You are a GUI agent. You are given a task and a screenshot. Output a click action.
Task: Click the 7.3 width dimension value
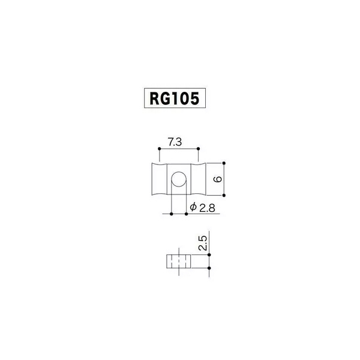point(175,142)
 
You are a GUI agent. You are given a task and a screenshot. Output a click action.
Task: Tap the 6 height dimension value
point(218,179)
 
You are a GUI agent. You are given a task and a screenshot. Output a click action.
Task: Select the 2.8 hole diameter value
point(207,208)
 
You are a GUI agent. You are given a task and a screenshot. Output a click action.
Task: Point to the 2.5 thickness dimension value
point(203,243)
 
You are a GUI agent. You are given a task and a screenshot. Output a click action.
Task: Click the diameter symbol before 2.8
point(193,207)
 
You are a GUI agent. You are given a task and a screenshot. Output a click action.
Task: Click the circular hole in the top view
point(179,179)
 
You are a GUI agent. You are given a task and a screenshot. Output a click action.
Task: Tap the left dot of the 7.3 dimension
point(160,149)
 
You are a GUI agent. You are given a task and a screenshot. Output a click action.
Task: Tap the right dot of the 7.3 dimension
point(199,149)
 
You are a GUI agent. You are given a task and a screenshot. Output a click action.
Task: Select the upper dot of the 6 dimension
point(224,163)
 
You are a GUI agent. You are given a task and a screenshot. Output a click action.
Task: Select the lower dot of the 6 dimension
point(224,195)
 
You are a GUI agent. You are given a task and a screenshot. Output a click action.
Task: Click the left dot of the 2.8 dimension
point(172,214)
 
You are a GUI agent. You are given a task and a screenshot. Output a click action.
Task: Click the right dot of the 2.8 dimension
point(186,214)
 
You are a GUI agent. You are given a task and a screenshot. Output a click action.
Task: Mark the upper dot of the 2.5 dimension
point(209,255)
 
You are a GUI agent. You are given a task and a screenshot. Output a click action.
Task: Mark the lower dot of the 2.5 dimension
point(209,268)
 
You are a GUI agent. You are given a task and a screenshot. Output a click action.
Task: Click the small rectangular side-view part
point(179,261)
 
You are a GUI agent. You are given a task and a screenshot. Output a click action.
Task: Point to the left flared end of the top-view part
point(160,179)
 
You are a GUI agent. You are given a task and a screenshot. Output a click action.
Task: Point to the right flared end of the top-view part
point(199,179)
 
